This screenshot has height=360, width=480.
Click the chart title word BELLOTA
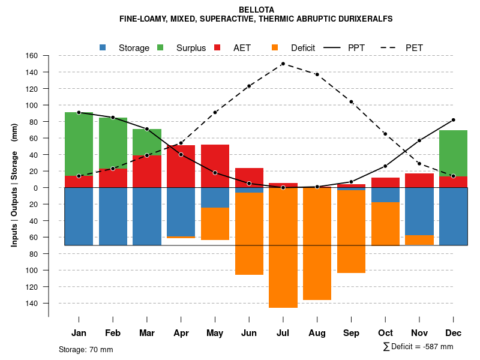[256, 10]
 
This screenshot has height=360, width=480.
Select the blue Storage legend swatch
[103, 47]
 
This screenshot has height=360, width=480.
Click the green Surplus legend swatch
[160, 47]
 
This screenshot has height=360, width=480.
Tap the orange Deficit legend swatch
[275, 47]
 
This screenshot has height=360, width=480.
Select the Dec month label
[453, 333]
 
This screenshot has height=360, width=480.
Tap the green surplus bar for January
[79, 144]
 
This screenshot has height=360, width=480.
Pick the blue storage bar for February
[113, 217]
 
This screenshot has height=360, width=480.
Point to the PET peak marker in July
[283, 64]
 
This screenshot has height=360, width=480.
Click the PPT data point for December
[453, 120]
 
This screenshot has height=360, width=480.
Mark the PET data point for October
[385, 134]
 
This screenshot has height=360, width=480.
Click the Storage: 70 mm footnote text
[86, 349]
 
